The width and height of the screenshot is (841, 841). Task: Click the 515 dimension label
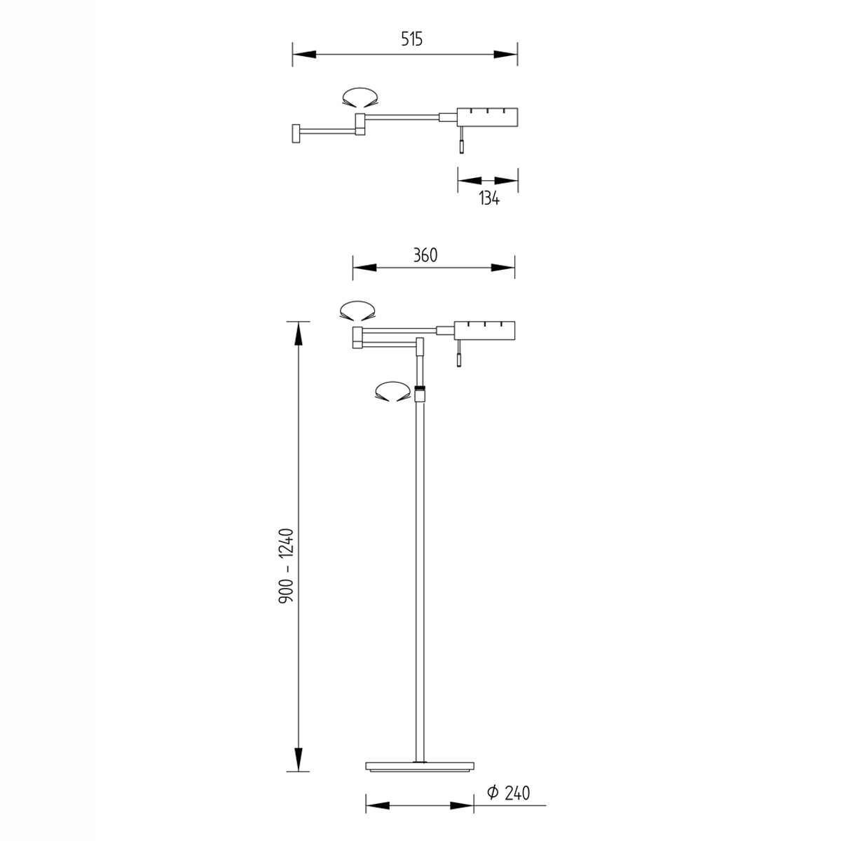tap(412, 39)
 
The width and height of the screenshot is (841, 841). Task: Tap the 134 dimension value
tap(489, 198)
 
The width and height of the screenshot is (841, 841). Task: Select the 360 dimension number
tap(425, 255)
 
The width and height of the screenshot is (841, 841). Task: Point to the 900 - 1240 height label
tap(287, 566)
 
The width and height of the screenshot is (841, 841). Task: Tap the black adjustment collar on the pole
tap(419, 387)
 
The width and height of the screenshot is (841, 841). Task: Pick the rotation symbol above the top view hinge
tap(360, 97)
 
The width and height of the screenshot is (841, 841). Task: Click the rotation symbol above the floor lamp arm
tap(357, 310)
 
